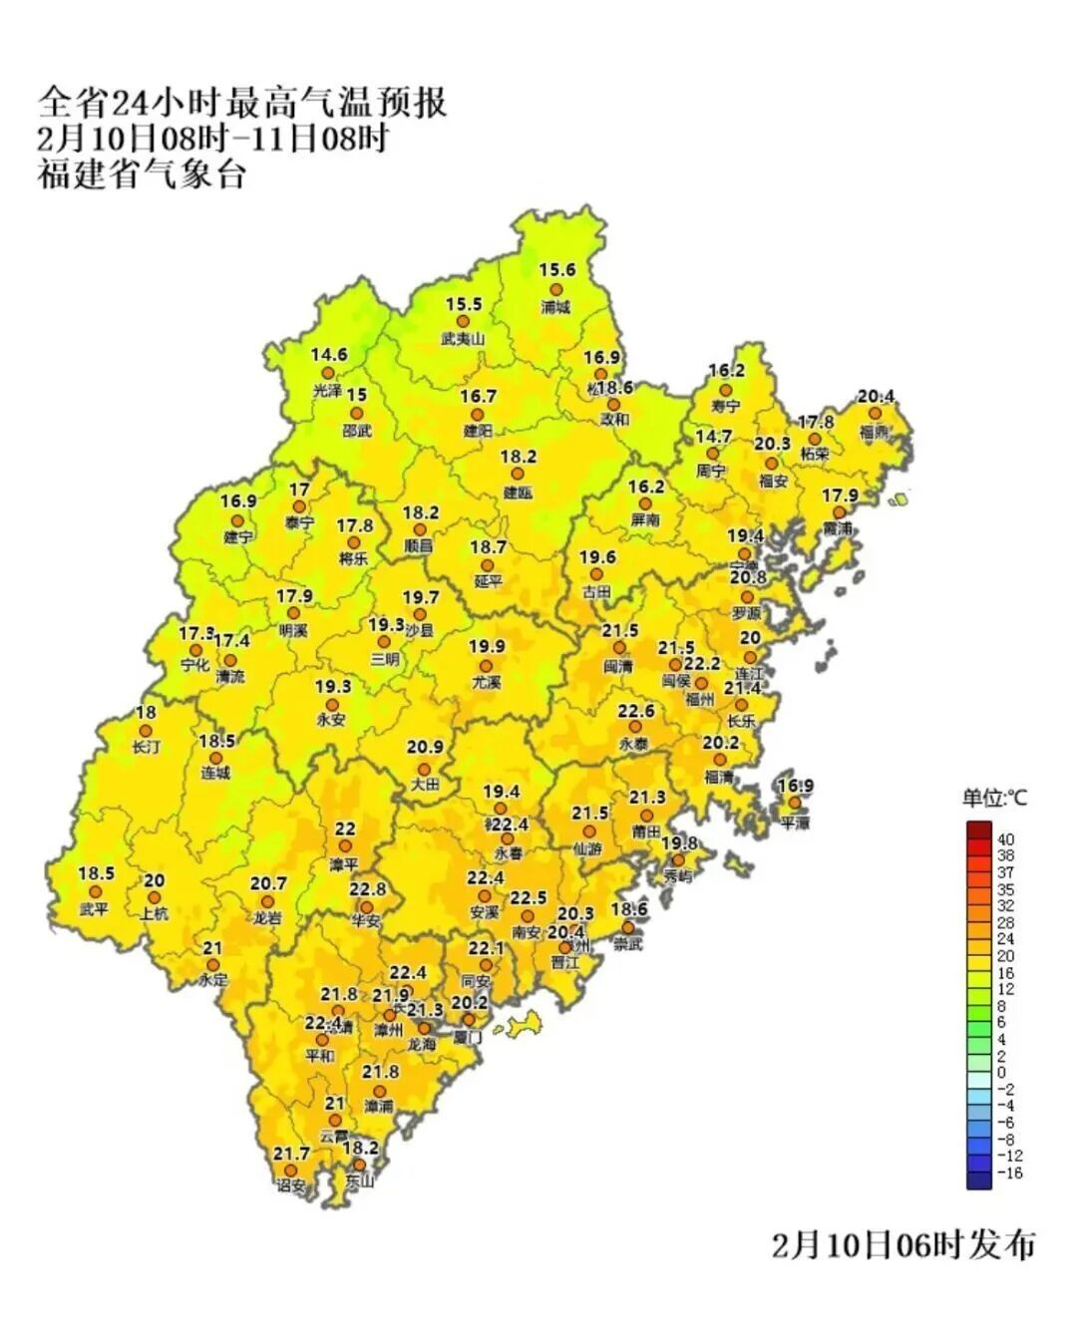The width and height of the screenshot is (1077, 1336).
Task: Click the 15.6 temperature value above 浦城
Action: (557, 270)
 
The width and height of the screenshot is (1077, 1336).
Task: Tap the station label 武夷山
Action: (463, 339)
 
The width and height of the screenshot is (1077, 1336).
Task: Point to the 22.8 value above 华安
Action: (367, 889)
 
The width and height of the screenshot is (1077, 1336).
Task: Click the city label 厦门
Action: (467, 1038)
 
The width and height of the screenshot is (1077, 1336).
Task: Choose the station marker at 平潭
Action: (794, 803)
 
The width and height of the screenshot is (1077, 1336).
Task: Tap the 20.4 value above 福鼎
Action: (877, 397)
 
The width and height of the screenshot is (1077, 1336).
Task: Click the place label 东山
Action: (359, 1180)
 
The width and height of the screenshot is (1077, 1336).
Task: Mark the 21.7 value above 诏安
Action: (291, 1154)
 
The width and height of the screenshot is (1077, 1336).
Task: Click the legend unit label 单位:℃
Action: (993, 798)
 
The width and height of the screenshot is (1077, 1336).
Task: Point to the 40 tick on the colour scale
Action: (1005, 839)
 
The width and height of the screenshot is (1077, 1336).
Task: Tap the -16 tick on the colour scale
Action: (1009, 1172)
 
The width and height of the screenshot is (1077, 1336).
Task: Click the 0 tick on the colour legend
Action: (1001, 1073)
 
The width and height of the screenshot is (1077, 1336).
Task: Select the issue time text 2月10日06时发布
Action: (903, 1244)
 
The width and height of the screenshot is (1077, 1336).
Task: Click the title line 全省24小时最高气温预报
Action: (242, 103)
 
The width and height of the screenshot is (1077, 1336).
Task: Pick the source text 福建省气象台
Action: (142, 174)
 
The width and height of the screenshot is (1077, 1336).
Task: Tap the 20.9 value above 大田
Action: (425, 747)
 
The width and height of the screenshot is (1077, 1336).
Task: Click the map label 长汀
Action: (146, 747)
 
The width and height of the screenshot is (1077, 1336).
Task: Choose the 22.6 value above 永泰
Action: (635, 711)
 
